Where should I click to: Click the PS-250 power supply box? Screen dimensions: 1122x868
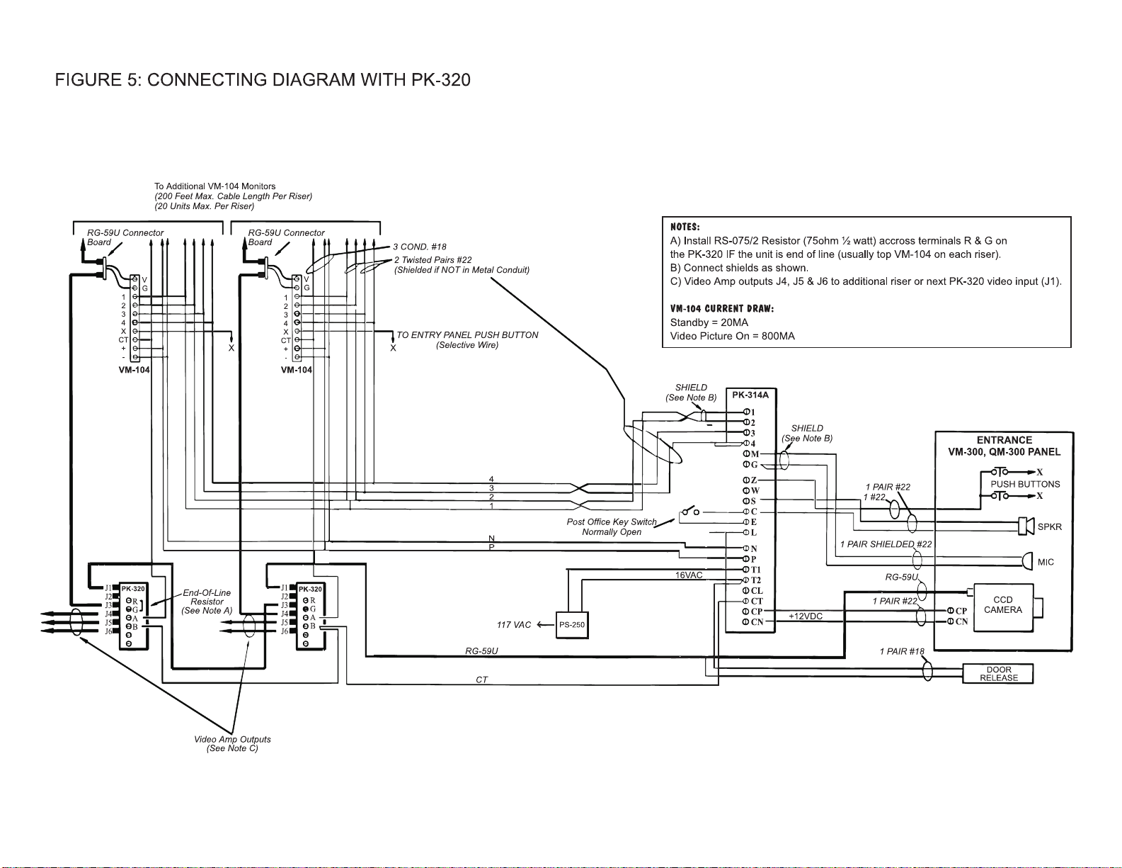click(x=572, y=625)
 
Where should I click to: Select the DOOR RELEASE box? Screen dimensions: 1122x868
click(x=998, y=674)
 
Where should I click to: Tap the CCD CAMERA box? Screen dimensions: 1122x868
click(x=1003, y=608)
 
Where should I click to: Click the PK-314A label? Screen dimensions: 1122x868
click(x=750, y=395)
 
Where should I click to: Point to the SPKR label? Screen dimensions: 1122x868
click(x=1050, y=527)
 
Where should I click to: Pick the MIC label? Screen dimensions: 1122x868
click(x=1046, y=562)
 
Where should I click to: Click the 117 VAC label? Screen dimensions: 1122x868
click(x=514, y=625)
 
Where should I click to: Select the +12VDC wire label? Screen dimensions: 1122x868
click(x=806, y=616)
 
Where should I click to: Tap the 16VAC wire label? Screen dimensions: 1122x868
click(x=689, y=575)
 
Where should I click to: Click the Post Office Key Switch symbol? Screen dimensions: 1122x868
click(x=690, y=511)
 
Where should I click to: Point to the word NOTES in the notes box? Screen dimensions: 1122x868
click(x=685, y=227)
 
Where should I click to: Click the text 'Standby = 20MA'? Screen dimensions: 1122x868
click(x=709, y=322)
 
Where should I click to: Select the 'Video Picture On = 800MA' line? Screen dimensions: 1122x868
click(x=732, y=336)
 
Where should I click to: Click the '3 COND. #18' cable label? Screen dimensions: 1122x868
click(x=420, y=247)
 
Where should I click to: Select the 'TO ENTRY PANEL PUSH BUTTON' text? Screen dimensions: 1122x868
click(x=467, y=334)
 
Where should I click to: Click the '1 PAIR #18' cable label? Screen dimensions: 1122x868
click(x=902, y=651)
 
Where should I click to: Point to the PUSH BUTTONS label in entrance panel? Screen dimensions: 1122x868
click(x=1025, y=484)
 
